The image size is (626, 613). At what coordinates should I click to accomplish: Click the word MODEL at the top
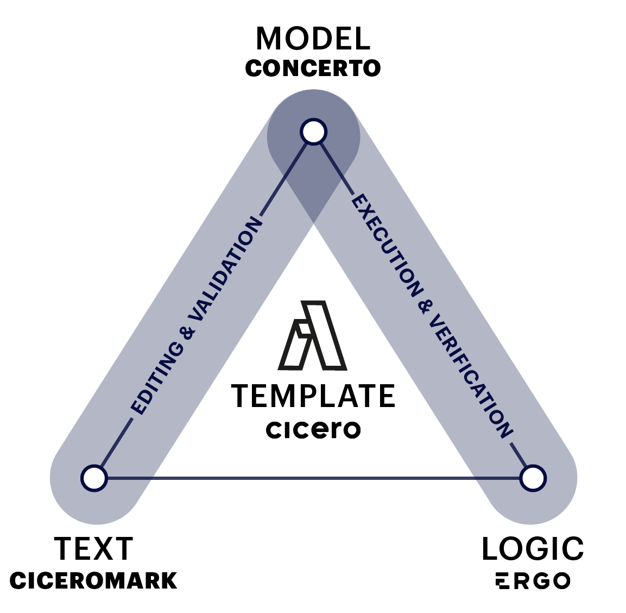313,39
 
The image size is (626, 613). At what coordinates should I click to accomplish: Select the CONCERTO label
313,68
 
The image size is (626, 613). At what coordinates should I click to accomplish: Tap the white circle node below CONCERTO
313,132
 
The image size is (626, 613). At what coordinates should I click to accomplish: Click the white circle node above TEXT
94,478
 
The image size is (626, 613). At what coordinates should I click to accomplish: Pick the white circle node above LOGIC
533,478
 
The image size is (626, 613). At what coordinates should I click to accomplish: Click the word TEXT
93,549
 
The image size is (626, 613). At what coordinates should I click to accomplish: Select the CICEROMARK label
93,581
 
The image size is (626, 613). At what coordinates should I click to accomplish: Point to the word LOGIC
533,549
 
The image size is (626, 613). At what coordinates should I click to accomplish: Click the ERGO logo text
533,581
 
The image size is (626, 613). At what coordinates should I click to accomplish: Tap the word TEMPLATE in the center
313,396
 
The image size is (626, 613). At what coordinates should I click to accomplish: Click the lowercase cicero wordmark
313,429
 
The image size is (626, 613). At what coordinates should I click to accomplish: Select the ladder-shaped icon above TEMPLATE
312,335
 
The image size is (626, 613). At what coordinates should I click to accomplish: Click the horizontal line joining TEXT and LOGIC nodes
313,478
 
